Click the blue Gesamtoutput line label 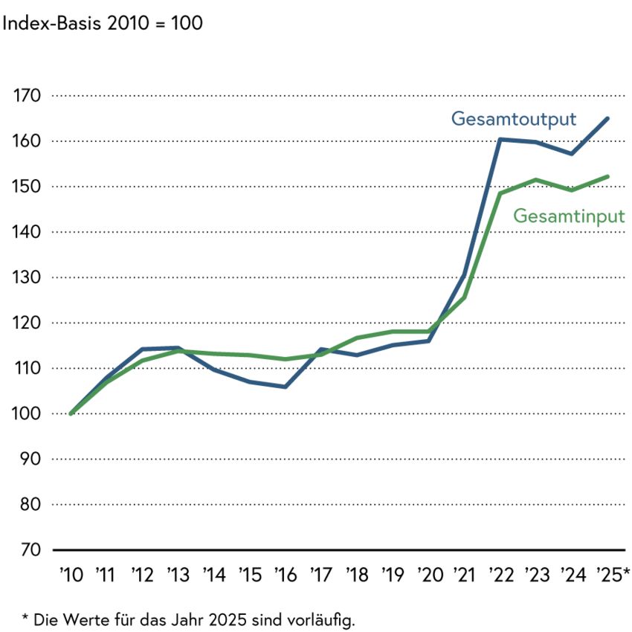pos(514,119)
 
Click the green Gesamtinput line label pos(569,216)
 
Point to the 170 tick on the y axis pos(27,96)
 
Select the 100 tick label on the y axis pos(27,413)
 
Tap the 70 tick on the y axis pos(30,549)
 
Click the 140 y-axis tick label pos(27,232)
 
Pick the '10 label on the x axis pos(71,575)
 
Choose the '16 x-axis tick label pos(286,575)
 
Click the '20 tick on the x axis pos(430,575)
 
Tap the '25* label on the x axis pos(613,575)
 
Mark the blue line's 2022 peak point pos(500,140)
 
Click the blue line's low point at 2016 pos(286,387)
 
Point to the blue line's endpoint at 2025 pos(607,119)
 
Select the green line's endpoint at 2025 pos(607,176)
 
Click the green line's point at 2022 pos(500,193)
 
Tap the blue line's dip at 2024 pos(572,154)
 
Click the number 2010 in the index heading pos(128,23)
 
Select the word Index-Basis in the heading pos(51,23)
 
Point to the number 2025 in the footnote pos(228,619)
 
